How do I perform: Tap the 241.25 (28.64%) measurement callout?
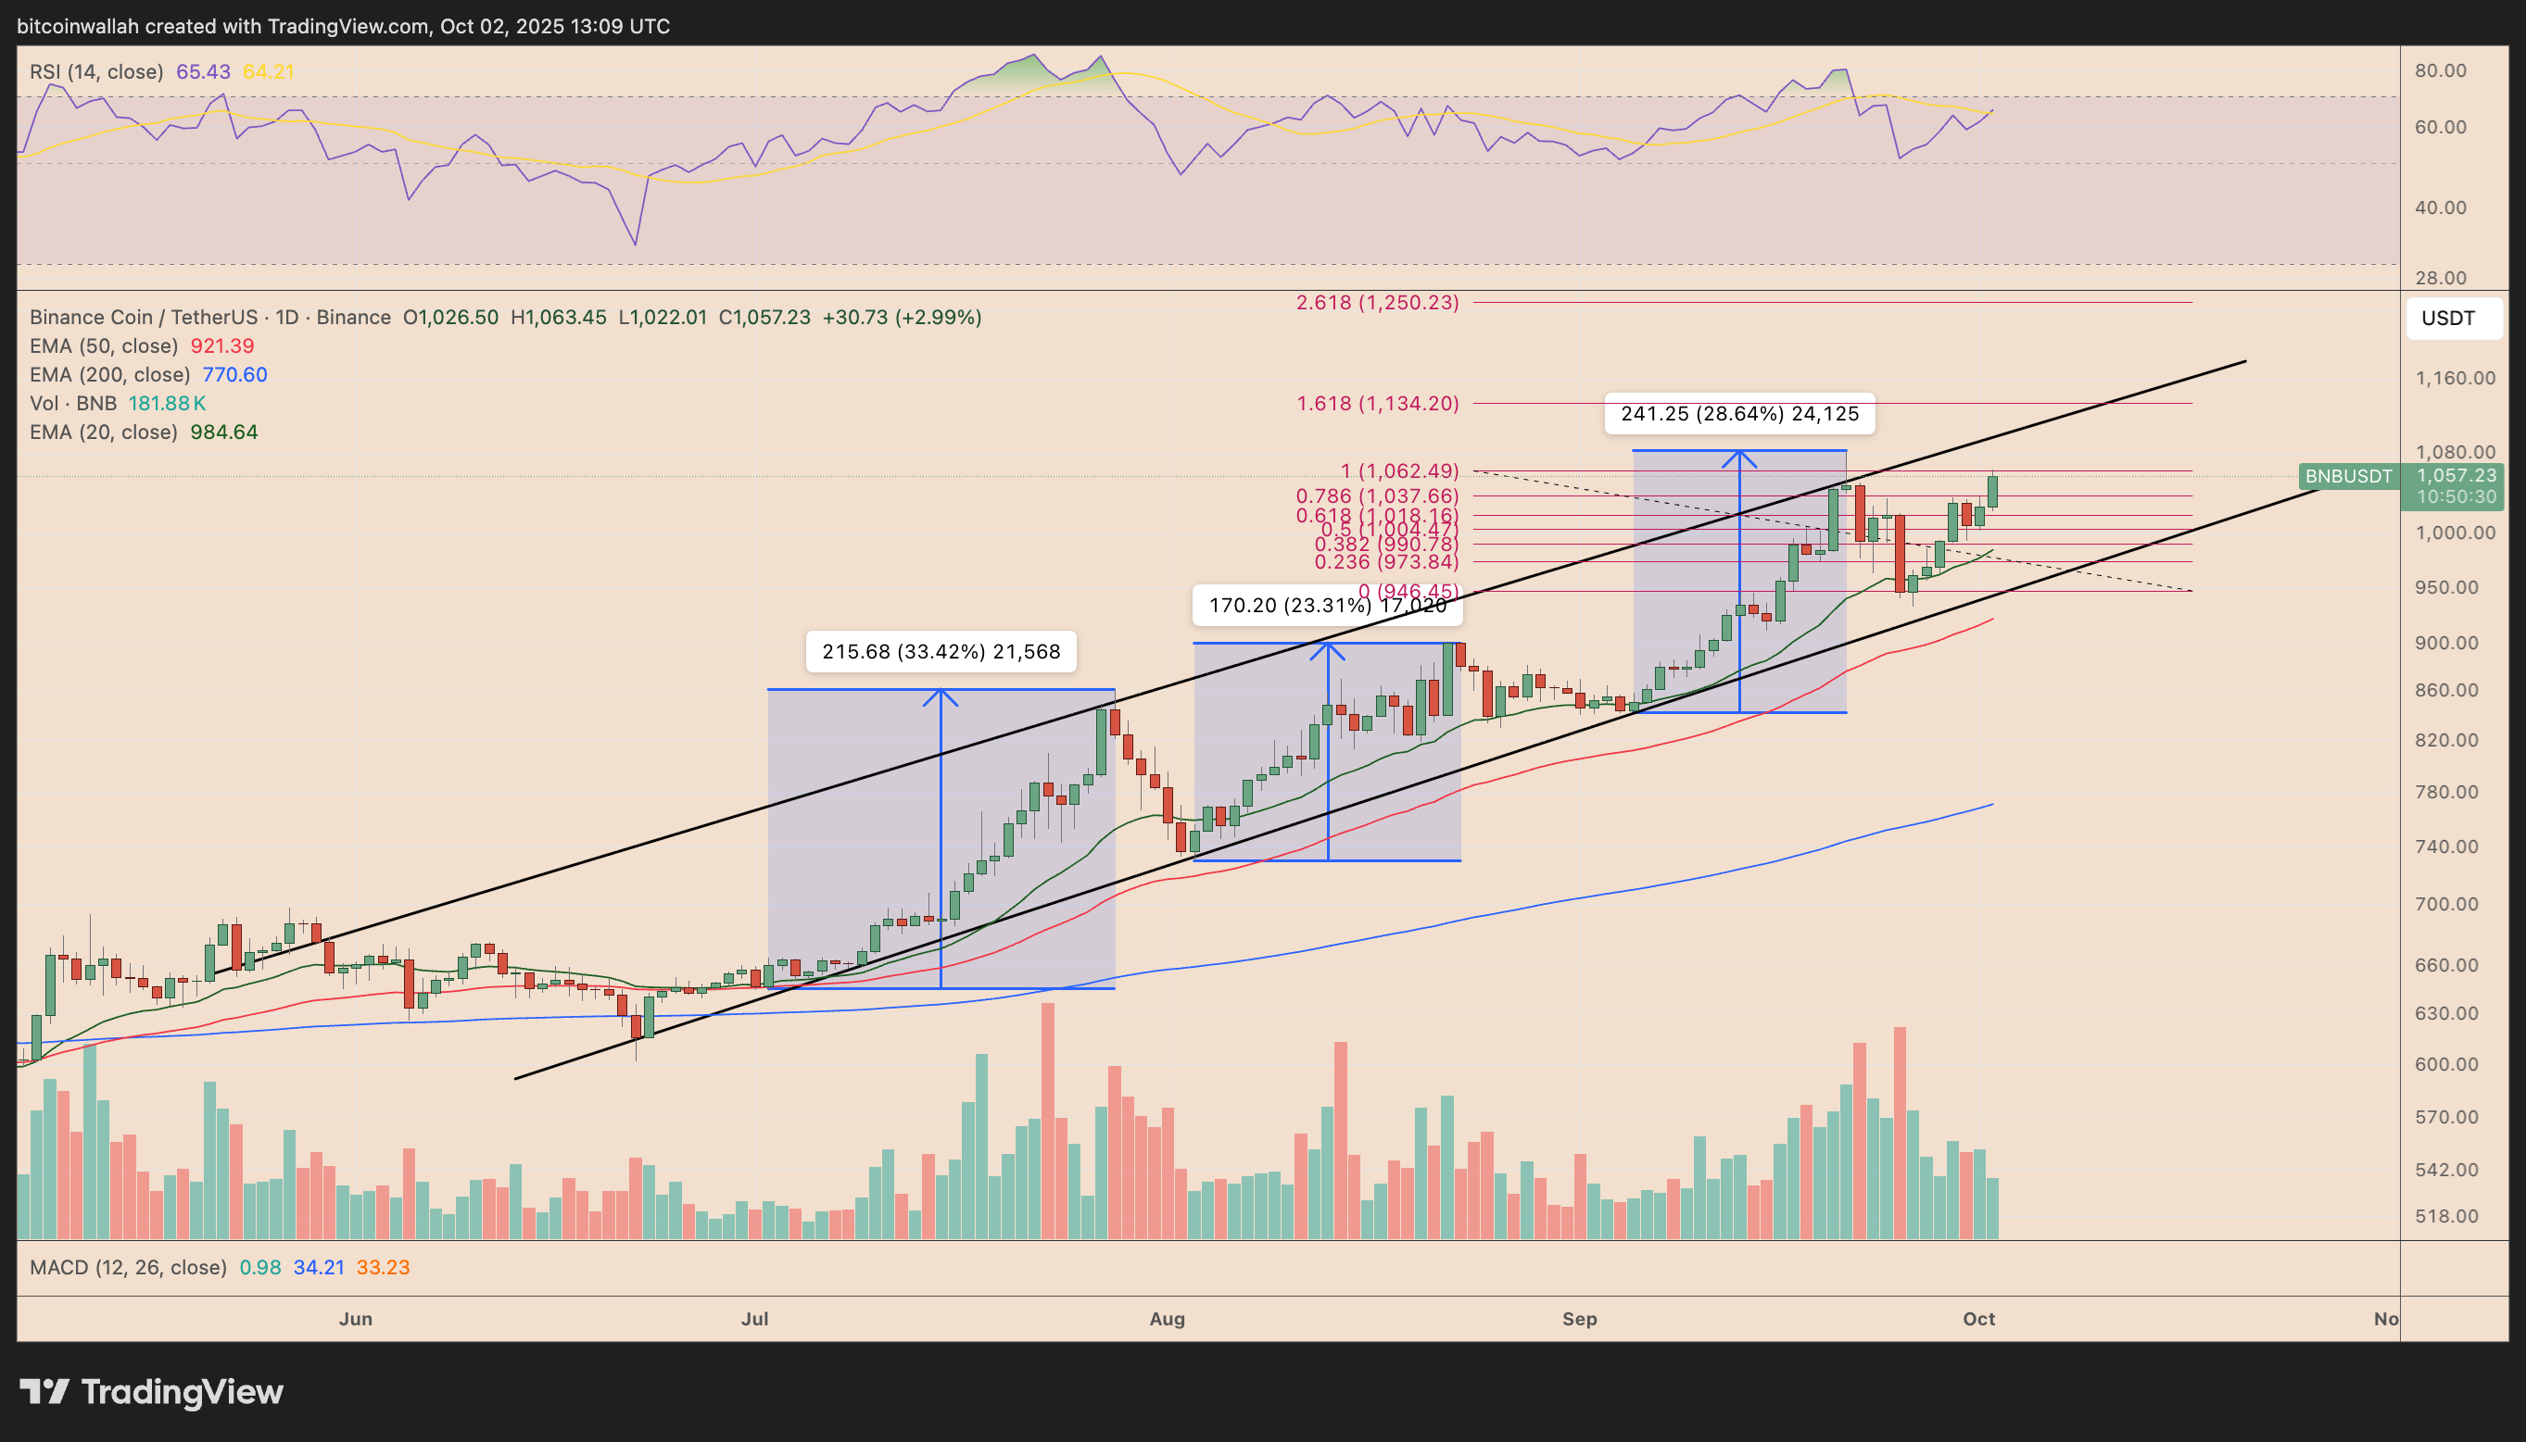pos(1738,414)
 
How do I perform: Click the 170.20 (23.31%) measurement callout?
pos(1326,605)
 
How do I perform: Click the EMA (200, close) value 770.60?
pos(234,374)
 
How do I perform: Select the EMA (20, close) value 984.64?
pos(224,432)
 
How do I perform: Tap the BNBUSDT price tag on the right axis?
pos(2347,476)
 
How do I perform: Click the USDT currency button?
pos(2448,318)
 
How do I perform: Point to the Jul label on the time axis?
pos(755,1319)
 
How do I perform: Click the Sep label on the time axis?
pos(1579,1319)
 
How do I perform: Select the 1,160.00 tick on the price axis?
pos(2455,377)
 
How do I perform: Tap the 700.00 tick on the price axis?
pos(2445,904)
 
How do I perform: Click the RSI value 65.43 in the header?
pos(203,71)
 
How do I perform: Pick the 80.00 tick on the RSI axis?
pos(2440,70)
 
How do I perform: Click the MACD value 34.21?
pos(318,1268)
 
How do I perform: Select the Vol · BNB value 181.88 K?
pos(168,403)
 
